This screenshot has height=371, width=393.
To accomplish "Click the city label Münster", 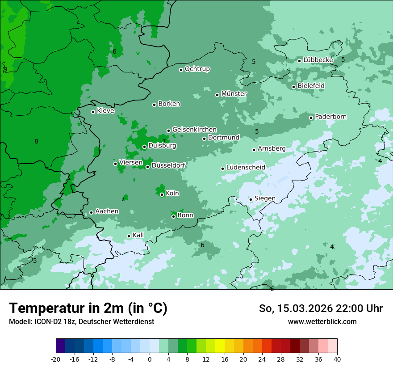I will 234,94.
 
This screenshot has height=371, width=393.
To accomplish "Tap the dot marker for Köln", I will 162,194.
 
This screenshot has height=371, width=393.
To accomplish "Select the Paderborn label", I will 330,117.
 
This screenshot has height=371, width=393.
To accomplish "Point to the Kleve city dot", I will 93,112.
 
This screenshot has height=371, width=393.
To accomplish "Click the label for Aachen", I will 107,211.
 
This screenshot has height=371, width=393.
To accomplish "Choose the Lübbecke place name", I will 318,60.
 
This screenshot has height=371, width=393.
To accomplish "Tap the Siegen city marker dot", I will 251,199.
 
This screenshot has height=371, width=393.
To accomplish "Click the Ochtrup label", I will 197,69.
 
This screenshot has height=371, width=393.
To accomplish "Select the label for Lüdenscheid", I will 246,168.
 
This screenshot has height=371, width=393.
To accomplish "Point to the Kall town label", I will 138,235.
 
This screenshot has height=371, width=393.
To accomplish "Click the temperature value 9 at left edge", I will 5,69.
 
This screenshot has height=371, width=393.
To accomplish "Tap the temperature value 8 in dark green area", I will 36,142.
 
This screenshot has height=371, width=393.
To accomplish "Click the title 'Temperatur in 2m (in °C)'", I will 88,308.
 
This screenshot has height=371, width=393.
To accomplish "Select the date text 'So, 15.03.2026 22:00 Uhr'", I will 321,308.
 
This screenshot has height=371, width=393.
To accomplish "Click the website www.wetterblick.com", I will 322,321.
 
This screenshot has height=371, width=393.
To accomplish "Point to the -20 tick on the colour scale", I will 56,359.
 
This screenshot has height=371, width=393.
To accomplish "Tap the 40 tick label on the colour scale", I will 337,359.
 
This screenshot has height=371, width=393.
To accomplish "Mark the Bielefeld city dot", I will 293,87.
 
